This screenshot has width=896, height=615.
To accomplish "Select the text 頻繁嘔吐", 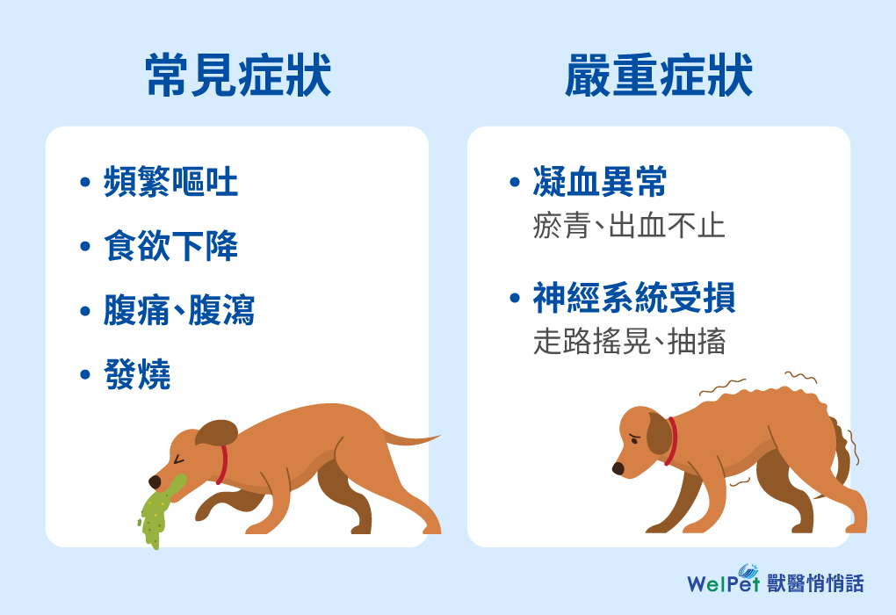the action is (171, 183).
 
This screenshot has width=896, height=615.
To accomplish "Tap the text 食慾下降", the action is (171, 246).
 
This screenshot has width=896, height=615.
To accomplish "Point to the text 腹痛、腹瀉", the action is (179, 310).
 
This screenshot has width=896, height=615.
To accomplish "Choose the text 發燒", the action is (137, 374).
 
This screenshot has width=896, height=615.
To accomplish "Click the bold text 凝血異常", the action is (600, 183).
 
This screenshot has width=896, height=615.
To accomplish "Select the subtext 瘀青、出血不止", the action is (629, 226).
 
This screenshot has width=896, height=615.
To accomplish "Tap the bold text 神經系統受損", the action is (633, 298).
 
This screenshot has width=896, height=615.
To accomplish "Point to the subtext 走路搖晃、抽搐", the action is (629, 341).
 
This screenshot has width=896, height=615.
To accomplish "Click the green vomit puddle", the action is (157, 511).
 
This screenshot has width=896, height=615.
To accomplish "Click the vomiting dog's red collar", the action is (221, 464).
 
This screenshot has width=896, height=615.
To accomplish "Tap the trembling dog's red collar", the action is (671, 441).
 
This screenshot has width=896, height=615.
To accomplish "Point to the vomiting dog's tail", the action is (410, 439).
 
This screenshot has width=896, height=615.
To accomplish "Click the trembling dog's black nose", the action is (618, 468).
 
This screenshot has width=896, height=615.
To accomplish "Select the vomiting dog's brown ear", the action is (217, 432).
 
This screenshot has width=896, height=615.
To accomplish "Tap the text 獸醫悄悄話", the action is (815, 583).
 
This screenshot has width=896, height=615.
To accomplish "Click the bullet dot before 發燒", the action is (85, 375).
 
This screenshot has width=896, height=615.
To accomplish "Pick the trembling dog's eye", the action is (634, 440).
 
